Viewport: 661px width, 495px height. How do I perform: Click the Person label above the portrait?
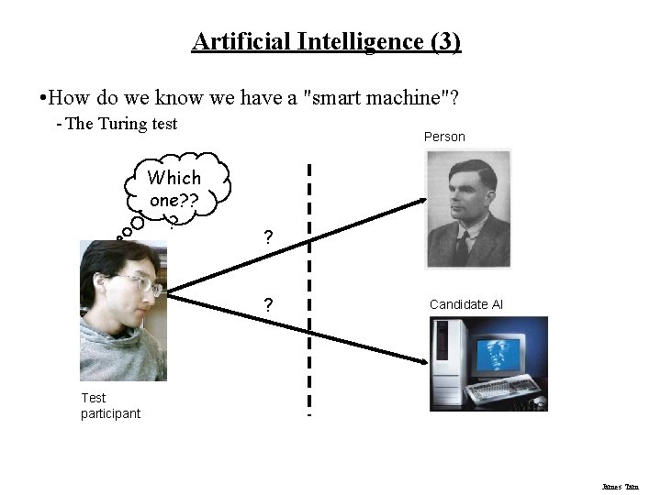(444, 137)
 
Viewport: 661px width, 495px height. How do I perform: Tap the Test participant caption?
(110, 405)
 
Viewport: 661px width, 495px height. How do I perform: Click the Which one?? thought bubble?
(174, 189)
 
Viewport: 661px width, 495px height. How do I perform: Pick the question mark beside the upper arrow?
(267, 237)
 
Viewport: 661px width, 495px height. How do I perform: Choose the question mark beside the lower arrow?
(267, 305)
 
